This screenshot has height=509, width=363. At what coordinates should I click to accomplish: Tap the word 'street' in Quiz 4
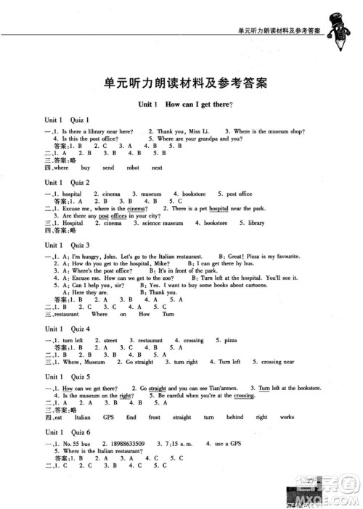click(x=110, y=340)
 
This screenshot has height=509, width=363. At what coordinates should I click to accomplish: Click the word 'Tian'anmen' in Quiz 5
click(x=223, y=389)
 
